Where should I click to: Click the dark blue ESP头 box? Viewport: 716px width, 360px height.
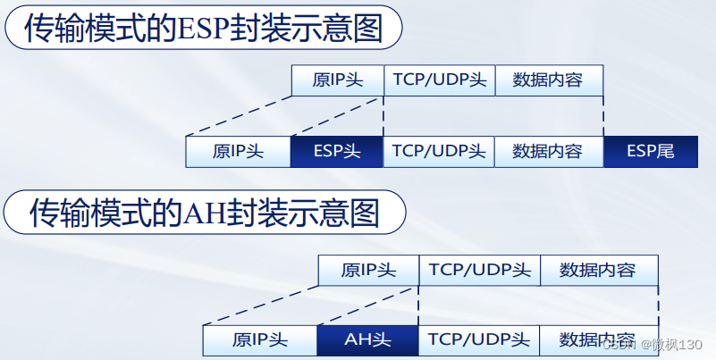pos(336,151)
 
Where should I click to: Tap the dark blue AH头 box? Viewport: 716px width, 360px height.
pos(367,339)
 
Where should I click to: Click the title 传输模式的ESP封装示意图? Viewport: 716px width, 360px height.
pos(203,29)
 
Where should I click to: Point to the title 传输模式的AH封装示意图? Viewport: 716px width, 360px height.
pos(205,213)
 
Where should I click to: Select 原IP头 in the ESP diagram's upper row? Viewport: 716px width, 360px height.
pos(337,80)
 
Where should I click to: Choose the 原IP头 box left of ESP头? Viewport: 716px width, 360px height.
pos(238,151)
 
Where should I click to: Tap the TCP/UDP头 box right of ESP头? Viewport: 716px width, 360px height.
pos(438,151)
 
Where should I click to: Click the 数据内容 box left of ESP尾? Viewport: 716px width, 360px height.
pos(548,151)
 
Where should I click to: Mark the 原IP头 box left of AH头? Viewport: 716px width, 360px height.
pos(260,339)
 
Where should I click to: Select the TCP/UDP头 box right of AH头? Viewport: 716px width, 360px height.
pos(478,339)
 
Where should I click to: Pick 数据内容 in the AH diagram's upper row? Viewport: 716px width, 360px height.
pos(598,270)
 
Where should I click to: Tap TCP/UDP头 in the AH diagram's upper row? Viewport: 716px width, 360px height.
pos(479,270)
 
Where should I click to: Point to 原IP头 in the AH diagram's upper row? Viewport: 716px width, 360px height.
pos(368,270)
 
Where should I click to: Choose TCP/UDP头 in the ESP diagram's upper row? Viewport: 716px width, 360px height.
pos(439,80)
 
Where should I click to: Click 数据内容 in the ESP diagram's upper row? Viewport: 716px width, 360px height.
pos(548,80)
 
